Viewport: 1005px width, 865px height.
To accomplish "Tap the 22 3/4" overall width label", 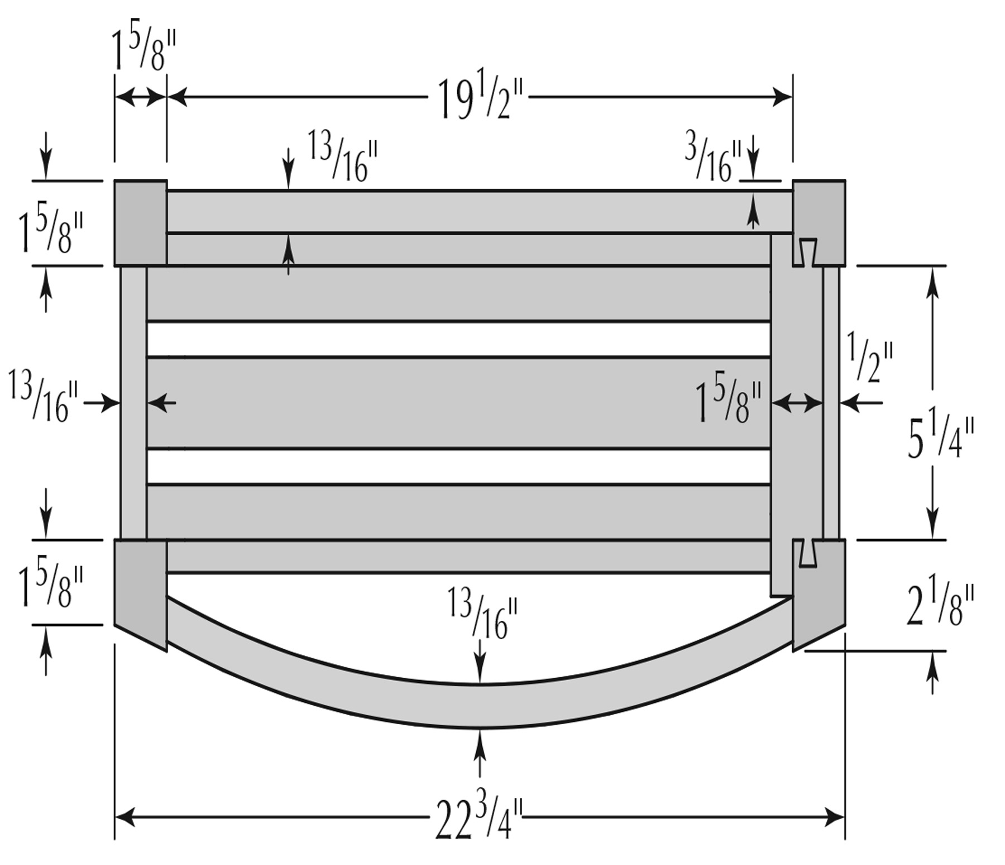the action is tap(480, 818).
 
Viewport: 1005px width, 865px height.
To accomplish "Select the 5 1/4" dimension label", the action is tap(940, 438).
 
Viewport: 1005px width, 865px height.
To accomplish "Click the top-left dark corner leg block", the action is tap(141, 222).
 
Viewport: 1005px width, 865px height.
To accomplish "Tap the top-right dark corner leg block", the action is tap(819, 222).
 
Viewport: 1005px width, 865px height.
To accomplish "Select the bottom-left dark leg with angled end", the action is tap(141, 592).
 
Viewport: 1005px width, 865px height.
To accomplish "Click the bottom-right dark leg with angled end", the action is tap(819, 592).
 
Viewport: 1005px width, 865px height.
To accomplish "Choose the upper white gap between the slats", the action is tap(458, 339).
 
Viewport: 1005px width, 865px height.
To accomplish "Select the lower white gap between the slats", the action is tap(458, 466).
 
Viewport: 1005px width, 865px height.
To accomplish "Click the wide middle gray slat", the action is tap(458, 402).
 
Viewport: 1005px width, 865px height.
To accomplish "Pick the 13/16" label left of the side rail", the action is tap(44, 401).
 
